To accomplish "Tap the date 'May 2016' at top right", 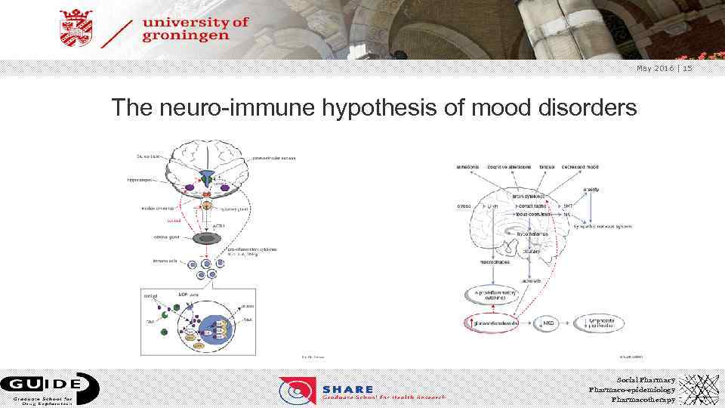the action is pos(655,69).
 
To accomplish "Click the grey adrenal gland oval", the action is pos(206,237).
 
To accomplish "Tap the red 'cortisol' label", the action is pos(153,220).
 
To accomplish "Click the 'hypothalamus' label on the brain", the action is pos(533,234).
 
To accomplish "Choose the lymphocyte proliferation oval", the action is pos(610,323).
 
